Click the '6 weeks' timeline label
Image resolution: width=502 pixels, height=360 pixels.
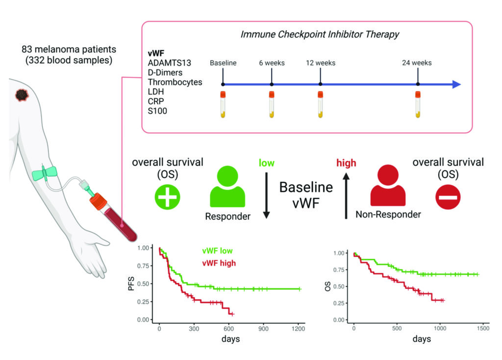point(272,63)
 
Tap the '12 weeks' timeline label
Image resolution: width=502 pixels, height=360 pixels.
point(320,63)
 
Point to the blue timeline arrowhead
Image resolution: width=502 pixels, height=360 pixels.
point(456,84)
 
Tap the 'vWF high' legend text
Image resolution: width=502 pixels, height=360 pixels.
point(219,263)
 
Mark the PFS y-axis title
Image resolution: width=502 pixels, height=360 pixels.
point(131,285)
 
